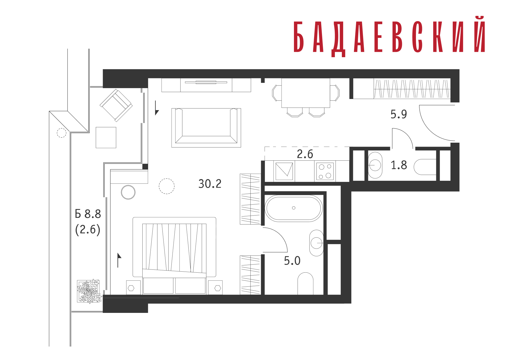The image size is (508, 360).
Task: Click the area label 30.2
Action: (x=210, y=184)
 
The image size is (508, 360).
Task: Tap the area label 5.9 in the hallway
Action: (x=399, y=114)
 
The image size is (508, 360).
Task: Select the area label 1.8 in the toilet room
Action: (x=399, y=165)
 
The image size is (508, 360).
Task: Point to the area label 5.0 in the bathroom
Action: (x=292, y=261)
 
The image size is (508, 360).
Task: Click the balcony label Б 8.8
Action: (x=88, y=214)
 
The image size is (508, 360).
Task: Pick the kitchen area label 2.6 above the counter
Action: (x=305, y=154)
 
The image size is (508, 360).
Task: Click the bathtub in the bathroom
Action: (x=294, y=208)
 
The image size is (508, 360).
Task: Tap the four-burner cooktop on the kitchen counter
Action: (x=325, y=171)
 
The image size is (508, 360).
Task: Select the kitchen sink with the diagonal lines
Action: (x=284, y=171)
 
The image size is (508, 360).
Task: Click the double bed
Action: (x=174, y=255)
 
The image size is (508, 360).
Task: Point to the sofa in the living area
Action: (x=206, y=128)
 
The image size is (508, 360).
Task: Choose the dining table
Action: (x=306, y=93)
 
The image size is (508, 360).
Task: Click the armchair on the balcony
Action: (x=116, y=105)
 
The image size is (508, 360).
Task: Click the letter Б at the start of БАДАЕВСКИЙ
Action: (x=299, y=37)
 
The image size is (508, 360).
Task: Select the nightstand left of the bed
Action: (x=133, y=287)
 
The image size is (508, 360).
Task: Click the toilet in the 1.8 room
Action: (x=425, y=167)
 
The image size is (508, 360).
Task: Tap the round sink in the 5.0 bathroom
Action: (x=316, y=243)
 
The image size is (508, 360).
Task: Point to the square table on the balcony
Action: (x=106, y=137)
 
